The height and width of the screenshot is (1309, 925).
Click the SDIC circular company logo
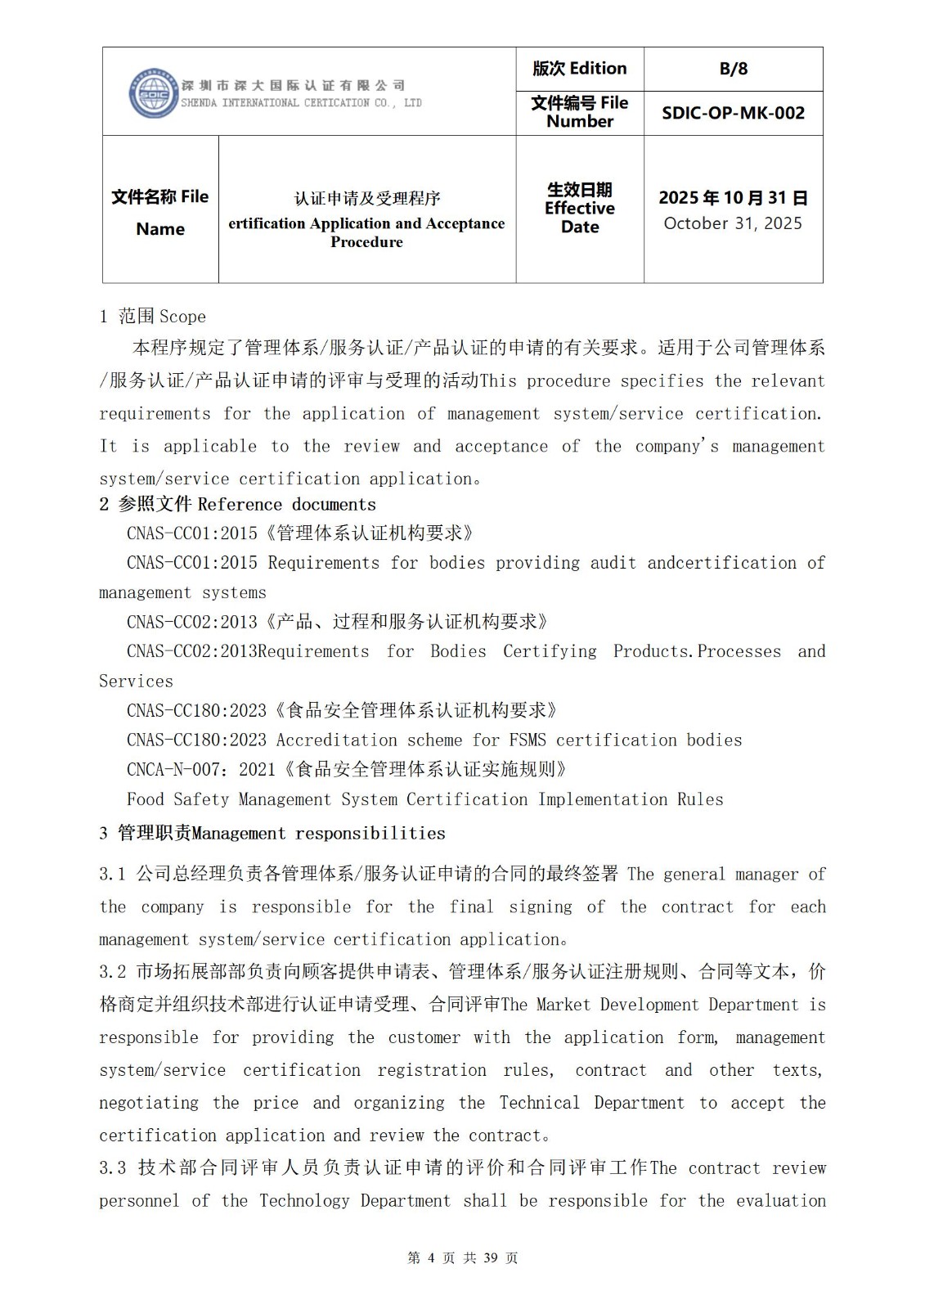pos(154,93)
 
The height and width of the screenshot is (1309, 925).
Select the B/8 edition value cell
pos(733,69)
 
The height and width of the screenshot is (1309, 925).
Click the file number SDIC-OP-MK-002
pos(733,113)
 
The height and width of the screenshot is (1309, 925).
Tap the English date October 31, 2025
pos(733,223)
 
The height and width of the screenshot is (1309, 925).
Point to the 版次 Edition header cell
pos(579,69)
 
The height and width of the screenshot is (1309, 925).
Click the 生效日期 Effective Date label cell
pos(579,209)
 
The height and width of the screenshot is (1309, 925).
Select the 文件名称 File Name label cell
pos(160,212)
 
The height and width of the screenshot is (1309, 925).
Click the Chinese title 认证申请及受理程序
pos(367,198)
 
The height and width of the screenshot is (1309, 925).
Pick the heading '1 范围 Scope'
pos(153,317)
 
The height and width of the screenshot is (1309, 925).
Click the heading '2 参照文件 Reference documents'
pos(238,504)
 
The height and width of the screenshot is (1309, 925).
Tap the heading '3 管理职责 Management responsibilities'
pos(272,833)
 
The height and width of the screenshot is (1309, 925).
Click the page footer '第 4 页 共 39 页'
pos(462,1257)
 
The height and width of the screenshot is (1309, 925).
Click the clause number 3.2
pos(113,972)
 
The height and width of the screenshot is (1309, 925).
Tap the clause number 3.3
pos(113,1168)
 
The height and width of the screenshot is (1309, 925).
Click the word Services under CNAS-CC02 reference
pos(136,681)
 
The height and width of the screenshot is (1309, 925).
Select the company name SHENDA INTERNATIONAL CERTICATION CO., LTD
pos(301,103)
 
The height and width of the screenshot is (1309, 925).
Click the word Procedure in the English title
pos(366,242)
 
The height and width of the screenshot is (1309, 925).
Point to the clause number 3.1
pos(113,874)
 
